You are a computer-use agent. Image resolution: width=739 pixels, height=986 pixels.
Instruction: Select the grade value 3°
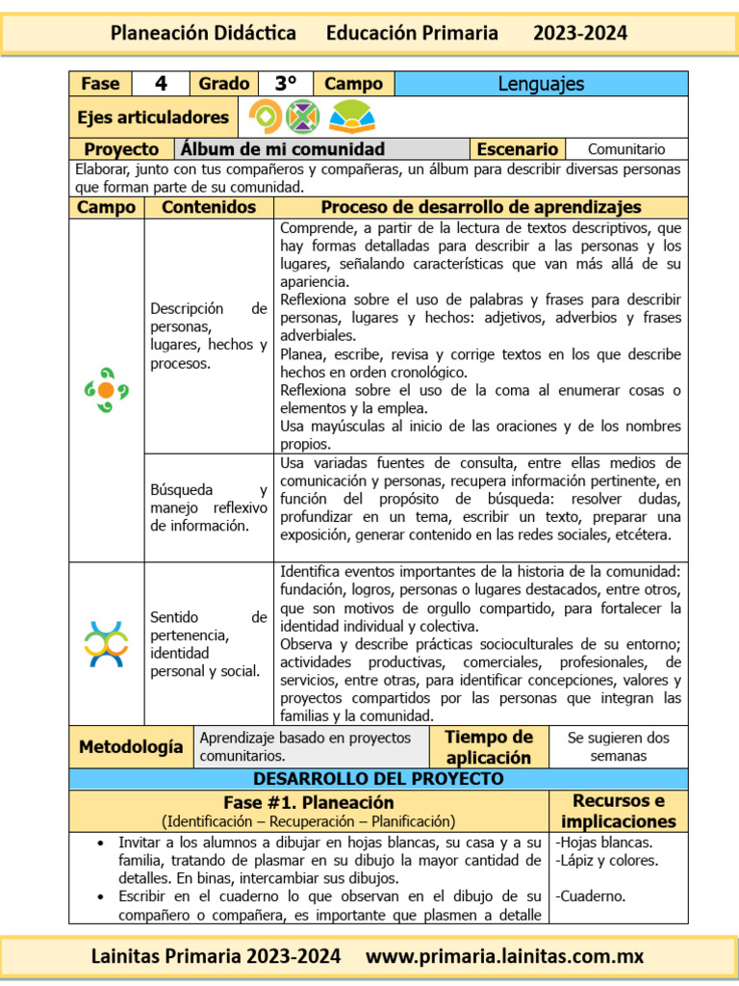(286, 84)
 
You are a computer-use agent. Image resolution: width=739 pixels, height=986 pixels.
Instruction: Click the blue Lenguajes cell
(541, 84)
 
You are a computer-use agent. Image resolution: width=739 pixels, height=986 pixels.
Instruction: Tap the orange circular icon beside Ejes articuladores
(265, 117)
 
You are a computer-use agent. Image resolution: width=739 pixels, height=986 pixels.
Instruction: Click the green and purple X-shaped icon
(303, 117)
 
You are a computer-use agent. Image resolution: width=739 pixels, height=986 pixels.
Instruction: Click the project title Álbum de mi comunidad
(282, 149)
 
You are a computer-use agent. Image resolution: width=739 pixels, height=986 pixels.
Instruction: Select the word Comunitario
(625, 149)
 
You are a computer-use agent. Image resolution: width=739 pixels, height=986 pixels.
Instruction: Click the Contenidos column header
(209, 207)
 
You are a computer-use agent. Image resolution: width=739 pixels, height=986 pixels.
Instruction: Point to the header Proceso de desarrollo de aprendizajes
(480, 207)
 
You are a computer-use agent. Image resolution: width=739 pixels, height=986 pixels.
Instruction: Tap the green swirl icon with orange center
(107, 390)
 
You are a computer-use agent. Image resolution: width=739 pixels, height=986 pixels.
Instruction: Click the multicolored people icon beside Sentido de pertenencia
(107, 644)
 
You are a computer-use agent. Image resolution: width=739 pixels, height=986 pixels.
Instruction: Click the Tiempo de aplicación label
(489, 746)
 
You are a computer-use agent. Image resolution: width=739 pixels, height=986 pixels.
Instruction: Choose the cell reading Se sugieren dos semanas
(618, 746)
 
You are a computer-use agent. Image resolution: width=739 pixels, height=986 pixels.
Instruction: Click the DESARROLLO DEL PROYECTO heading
(378, 778)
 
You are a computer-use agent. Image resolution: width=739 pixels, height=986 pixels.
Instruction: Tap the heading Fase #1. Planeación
(308, 802)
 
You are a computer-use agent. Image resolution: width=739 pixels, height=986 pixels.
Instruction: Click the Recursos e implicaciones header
(618, 811)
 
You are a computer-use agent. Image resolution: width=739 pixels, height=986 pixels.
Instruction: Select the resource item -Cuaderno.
(591, 895)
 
